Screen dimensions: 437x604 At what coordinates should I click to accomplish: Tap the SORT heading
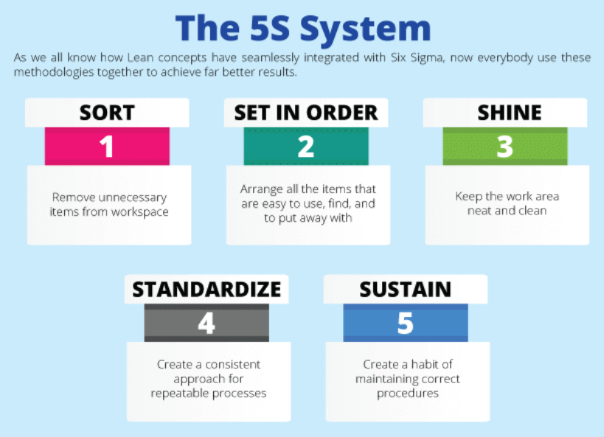click(x=107, y=113)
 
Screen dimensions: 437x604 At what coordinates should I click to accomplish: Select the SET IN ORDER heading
click(x=306, y=113)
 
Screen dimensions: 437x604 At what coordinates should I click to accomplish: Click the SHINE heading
click(x=505, y=113)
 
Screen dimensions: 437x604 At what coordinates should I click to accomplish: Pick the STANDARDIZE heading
click(x=206, y=290)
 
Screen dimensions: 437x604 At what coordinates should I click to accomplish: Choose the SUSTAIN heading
click(x=406, y=290)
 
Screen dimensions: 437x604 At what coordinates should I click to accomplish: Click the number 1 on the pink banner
click(x=107, y=147)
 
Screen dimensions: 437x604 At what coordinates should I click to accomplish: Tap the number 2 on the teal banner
click(x=306, y=147)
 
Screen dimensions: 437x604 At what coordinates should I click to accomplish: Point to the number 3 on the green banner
click(x=505, y=147)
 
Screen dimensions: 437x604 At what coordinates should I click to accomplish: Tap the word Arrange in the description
click(x=263, y=189)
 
